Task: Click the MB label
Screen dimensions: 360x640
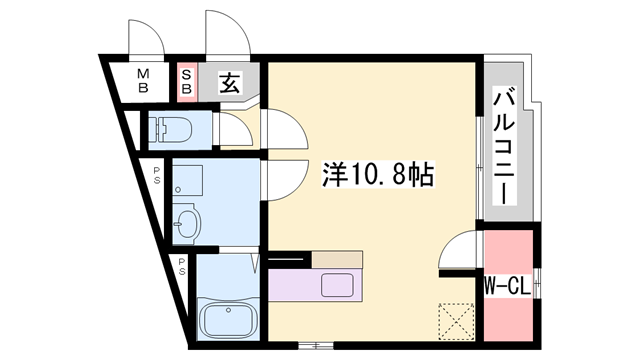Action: click(143, 80)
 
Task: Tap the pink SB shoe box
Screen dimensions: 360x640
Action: click(187, 80)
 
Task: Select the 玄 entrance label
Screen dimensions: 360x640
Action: click(230, 82)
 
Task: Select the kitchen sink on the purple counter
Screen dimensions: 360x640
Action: click(333, 284)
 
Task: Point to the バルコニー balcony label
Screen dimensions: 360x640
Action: click(505, 146)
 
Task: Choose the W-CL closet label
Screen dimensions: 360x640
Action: click(506, 286)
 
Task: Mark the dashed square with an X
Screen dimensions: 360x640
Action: click(456, 321)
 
